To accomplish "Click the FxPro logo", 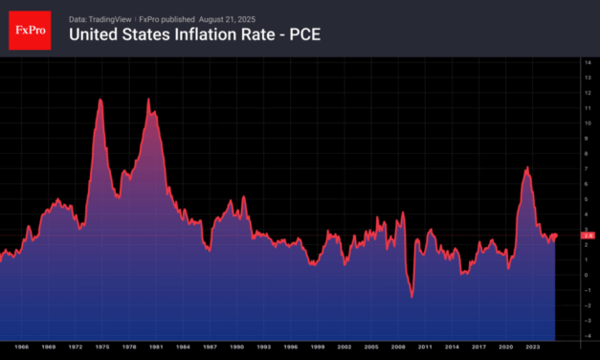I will [x=29, y=29].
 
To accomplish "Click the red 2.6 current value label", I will [x=589, y=235].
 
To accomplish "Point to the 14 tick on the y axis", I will [x=588, y=63].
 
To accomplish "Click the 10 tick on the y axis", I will [x=588, y=124].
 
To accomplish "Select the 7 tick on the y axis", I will [x=588, y=169].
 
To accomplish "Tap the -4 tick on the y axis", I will [x=588, y=335].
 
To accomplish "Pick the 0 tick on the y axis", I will [x=588, y=275].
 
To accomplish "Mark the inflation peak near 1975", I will [x=100, y=100].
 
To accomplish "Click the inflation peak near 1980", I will [x=148, y=100].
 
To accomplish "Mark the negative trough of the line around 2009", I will [x=411, y=297].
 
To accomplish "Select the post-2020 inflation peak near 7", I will [x=527, y=169].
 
